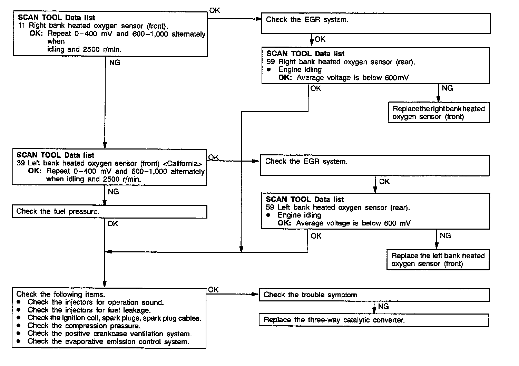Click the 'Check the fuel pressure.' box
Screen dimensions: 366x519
(x=109, y=212)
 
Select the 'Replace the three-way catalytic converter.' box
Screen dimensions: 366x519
(x=374, y=320)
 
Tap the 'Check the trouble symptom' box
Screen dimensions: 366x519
(x=374, y=295)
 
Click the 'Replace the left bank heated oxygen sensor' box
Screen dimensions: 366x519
(x=438, y=260)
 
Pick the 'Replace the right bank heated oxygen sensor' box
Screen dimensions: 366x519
(x=439, y=113)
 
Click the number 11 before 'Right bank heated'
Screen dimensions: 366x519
(x=22, y=26)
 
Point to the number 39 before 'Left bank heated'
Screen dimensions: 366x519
(x=21, y=163)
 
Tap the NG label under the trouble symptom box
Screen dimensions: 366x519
(x=383, y=306)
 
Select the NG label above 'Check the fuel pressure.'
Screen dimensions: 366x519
(x=113, y=192)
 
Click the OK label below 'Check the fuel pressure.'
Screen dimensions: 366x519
(x=112, y=224)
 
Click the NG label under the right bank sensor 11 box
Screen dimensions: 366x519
(x=115, y=63)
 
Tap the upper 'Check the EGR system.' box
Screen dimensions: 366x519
(x=375, y=23)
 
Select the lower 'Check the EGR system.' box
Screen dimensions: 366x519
(x=375, y=165)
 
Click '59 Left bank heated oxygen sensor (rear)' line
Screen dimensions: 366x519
(x=338, y=208)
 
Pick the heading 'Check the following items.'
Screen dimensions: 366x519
(x=61, y=295)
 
